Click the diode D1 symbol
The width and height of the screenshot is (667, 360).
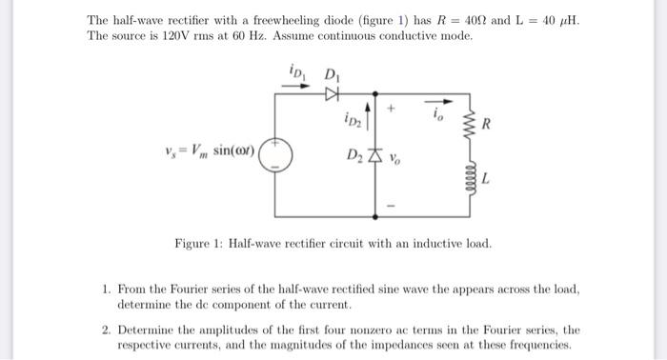[x=332, y=93]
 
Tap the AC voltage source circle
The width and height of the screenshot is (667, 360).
[x=275, y=153]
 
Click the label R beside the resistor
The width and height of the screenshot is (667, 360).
[x=487, y=125]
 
